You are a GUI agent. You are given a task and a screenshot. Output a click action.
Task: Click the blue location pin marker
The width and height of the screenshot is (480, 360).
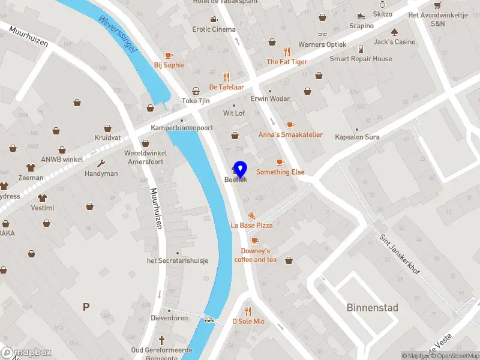point(240,169)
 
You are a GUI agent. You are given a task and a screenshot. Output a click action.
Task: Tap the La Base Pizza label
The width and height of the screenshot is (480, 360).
point(251,226)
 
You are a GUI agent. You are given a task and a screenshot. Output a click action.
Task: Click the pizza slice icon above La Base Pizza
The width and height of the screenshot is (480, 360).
point(251,215)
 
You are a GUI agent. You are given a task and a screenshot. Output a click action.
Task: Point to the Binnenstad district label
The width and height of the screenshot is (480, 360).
point(372,308)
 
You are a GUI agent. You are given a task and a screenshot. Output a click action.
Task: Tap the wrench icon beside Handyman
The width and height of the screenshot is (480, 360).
point(101,163)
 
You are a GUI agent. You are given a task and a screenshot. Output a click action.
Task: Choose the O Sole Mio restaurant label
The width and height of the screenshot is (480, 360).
point(248,322)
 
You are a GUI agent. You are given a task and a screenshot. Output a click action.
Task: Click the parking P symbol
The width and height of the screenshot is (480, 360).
point(86,307)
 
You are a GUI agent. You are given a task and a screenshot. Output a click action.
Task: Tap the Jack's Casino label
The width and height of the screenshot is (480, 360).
point(394,42)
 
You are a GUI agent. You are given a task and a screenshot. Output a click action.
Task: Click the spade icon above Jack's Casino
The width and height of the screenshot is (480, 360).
point(394,32)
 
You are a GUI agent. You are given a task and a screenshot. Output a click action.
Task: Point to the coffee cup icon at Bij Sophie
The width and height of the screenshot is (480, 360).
point(169,55)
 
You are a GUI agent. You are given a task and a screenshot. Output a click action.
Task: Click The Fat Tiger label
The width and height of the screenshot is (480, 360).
point(287,62)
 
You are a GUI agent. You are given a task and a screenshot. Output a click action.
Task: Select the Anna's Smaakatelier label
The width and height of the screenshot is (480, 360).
point(290,135)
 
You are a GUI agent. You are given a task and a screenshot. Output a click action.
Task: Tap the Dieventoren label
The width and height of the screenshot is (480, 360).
point(170,318)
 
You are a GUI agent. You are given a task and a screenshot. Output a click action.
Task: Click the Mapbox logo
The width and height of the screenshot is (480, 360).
point(26,353)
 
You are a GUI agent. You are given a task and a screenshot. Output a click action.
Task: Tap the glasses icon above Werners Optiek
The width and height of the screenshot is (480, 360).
point(322,34)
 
